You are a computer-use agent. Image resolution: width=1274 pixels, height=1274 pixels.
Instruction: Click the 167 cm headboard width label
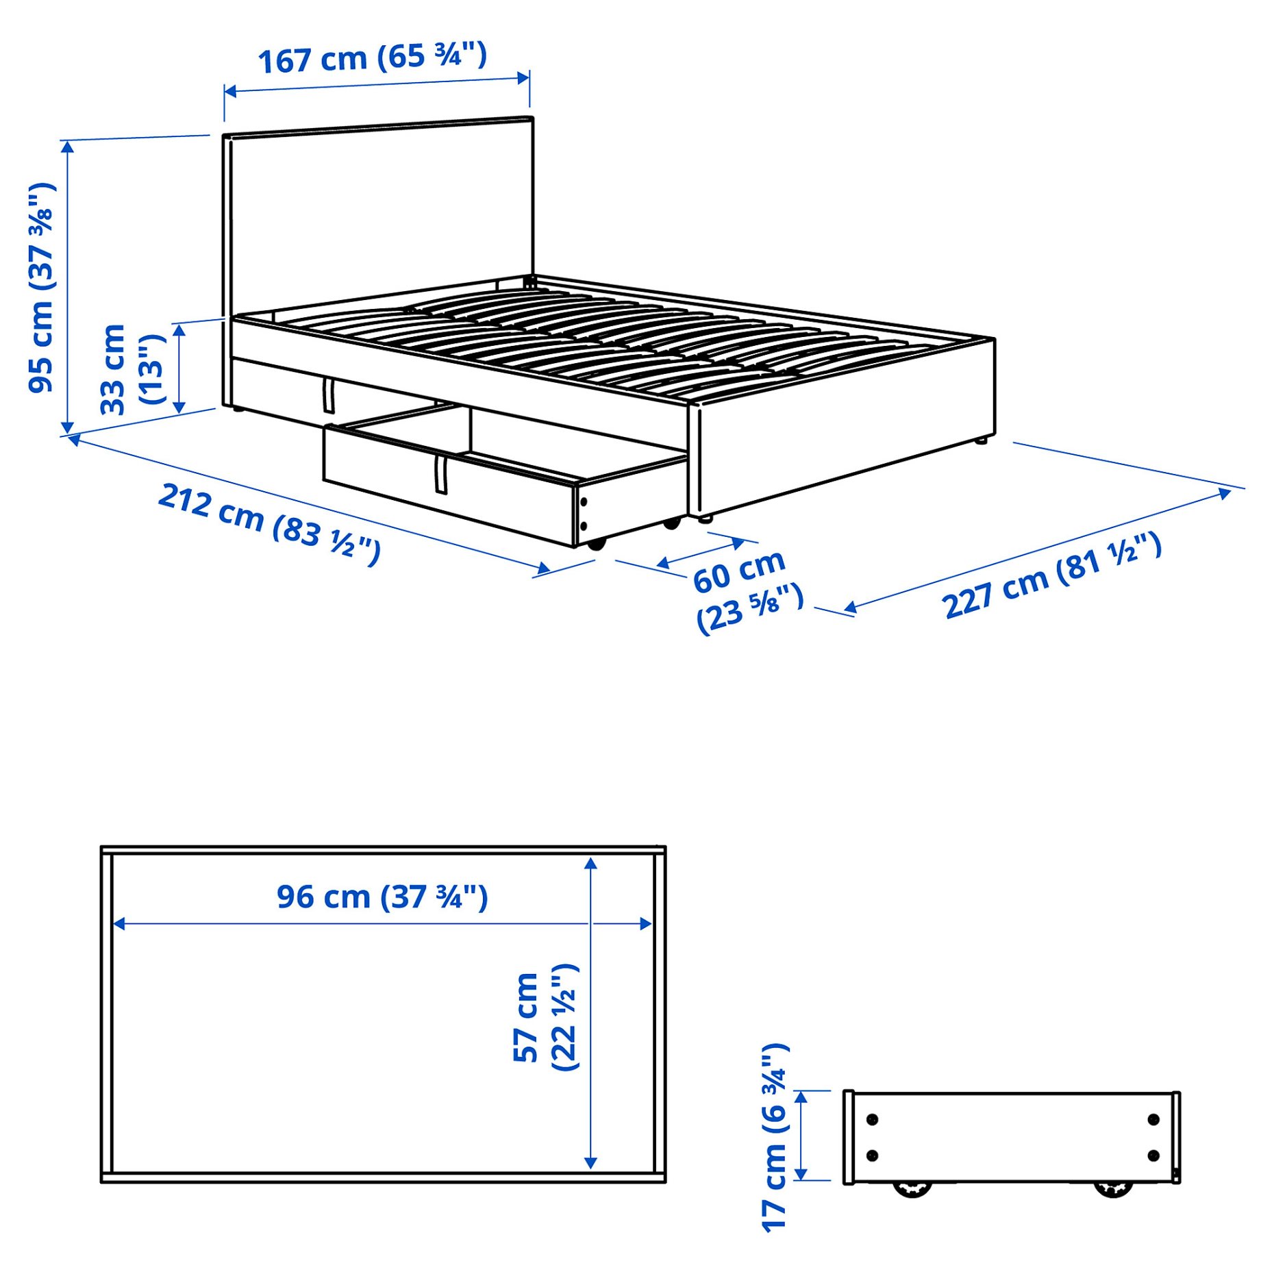(372, 58)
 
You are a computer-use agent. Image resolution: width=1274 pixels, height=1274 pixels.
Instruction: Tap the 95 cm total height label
(41, 288)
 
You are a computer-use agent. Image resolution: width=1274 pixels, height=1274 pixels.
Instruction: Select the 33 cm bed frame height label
(132, 370)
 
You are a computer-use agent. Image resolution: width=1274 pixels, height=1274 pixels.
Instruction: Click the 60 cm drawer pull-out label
(747, 591)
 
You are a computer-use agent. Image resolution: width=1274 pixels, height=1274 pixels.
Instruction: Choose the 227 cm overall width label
(1052, 575)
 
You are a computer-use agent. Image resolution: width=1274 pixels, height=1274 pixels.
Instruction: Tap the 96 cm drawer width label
(382, 897)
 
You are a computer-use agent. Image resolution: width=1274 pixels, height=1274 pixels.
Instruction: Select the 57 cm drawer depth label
(546, 1017)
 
